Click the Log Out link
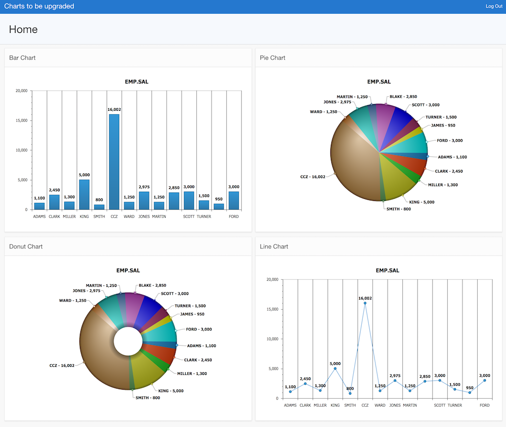[x=493, y=6]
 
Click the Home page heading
[x=23, y=29]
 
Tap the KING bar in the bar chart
[x=84, y=195]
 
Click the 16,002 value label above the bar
[x=114, y=109]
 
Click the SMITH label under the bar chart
[x=99, y=217]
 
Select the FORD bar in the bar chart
[x=234, y=200]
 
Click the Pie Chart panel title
[x=272, y=58]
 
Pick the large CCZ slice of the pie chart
[x=354, y=162]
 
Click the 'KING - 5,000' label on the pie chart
[x=421, y=202]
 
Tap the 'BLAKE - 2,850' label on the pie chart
[x=403, y=97]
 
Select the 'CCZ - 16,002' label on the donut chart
[x=62, y=366]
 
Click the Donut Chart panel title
[x=26, y=246]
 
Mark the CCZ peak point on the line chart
[x=365, y=303]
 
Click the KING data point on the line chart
[x=335, y=368]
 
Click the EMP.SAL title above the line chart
[x=387, y=270]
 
